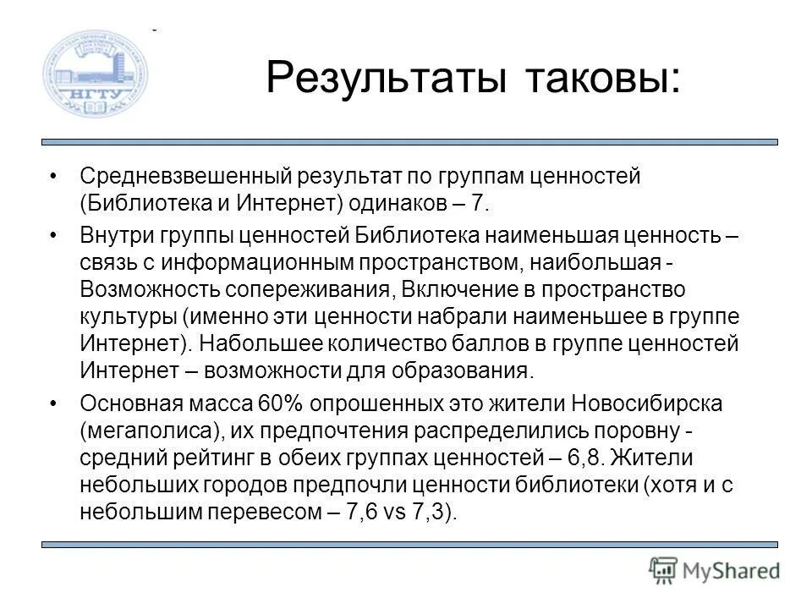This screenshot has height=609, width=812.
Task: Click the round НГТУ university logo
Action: tap(96, 74)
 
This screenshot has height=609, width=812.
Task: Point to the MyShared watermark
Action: tap(715, 569)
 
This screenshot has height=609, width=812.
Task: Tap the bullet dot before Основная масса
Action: tap(55, 403)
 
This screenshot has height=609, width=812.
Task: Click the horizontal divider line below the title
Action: tap(409, 142)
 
